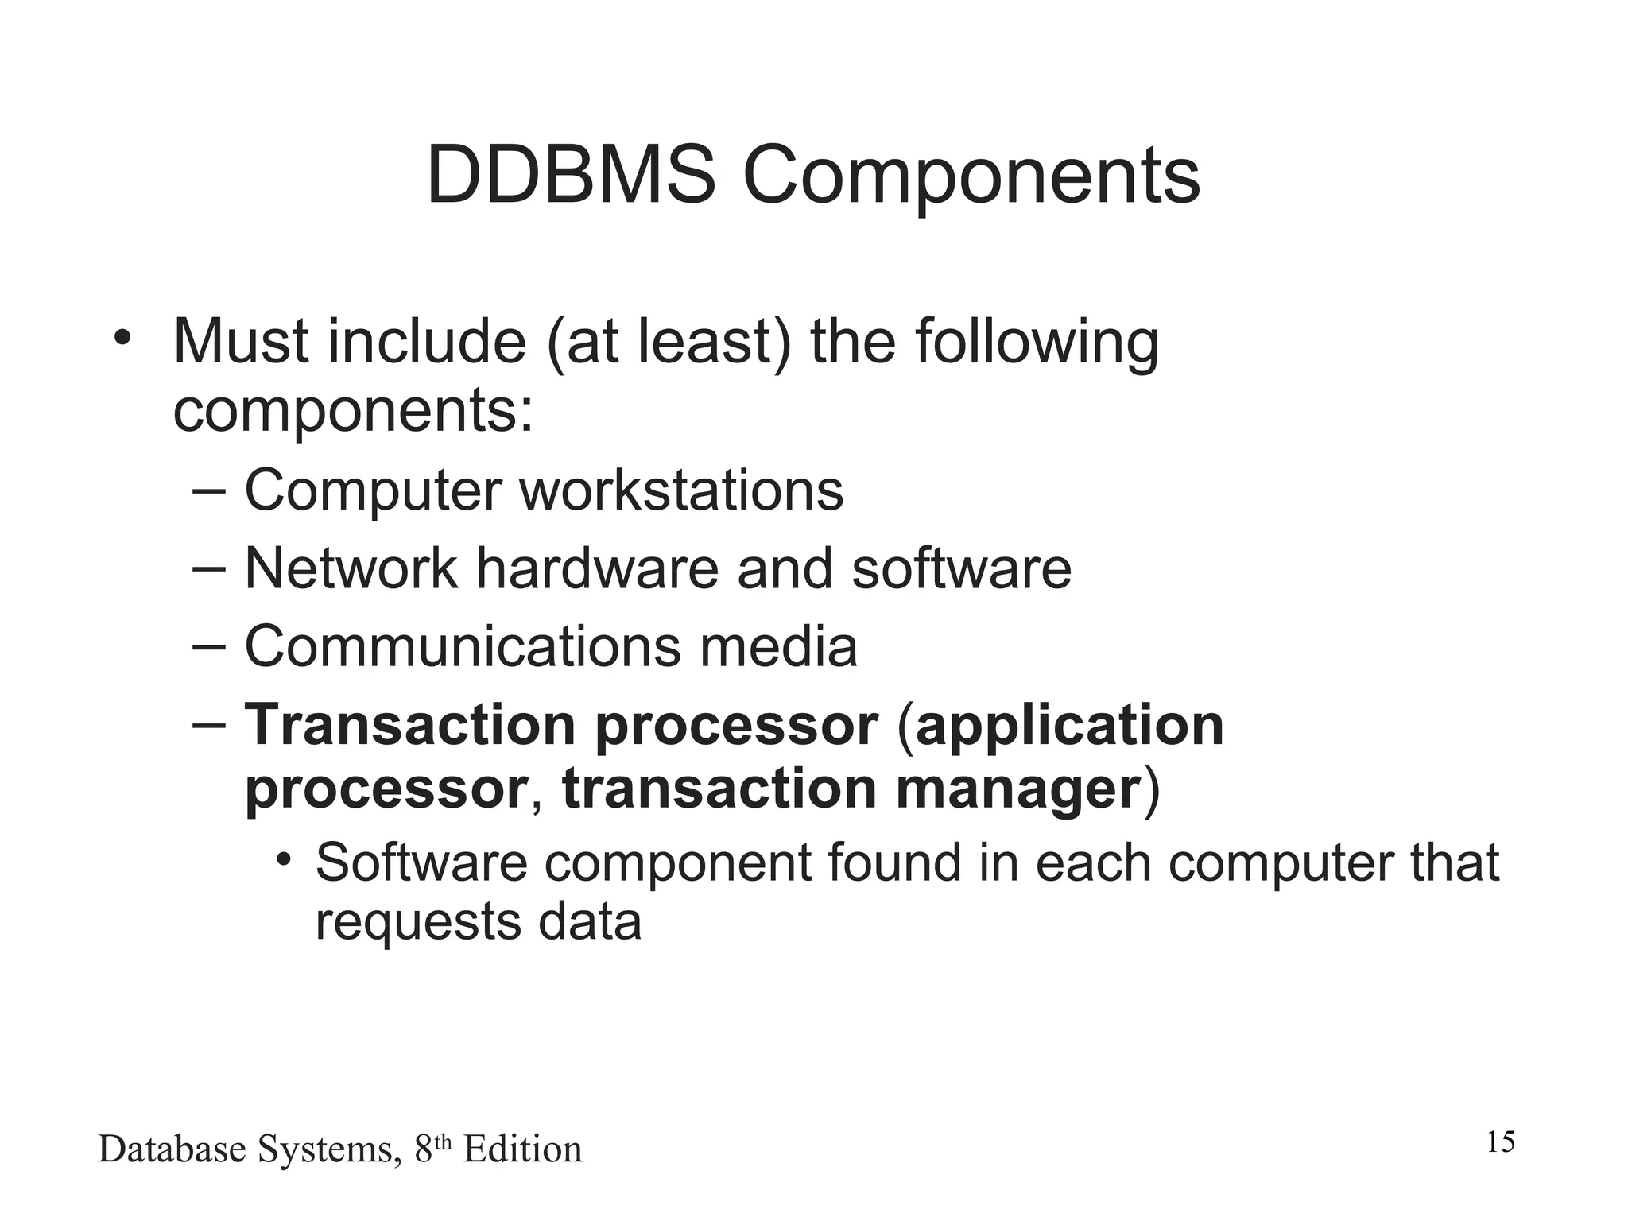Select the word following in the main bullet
click(x=1037, y=343)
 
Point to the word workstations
click(x=681, y=490)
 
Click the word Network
click(x=351, y=568)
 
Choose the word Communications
click(x=462, y=646)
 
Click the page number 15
click(x=1500, y=1142)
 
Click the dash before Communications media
click(x=210, y=646)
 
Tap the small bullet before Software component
click(x=283, y=860)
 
